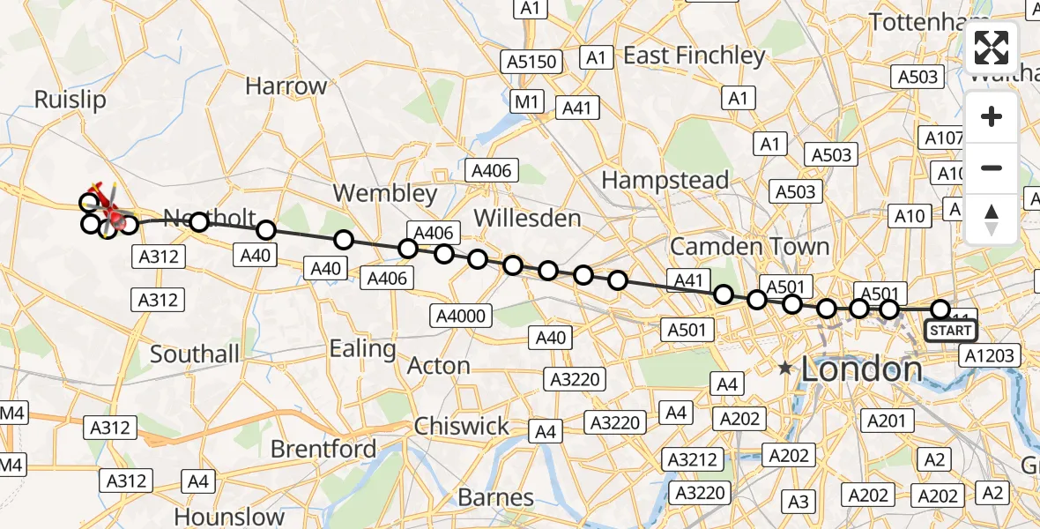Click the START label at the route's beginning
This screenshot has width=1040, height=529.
click(x=950, y=332)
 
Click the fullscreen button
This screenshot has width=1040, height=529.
click(x=992, y=48)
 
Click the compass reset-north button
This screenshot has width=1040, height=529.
click(x=992, y=220)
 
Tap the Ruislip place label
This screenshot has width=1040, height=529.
click(x=70, y=100)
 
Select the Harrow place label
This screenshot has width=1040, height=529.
click(x=286, y=86)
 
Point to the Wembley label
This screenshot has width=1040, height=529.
click(x=385, y=194)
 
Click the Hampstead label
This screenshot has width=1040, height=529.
click(x=665, y=181)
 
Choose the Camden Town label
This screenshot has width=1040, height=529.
click(x=749, y=246)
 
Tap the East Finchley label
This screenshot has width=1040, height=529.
click(x=695, y=56)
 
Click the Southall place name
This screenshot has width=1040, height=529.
click(x=195, y=354)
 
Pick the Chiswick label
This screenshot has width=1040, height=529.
click(x=462, y=427)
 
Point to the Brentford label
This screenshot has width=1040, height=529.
click(x=323, y=450)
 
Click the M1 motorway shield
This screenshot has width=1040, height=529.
click(x=527, y=102)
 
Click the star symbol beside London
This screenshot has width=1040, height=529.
click(x=784, y=369)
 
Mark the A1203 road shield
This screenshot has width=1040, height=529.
click(x=989, y=355)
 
